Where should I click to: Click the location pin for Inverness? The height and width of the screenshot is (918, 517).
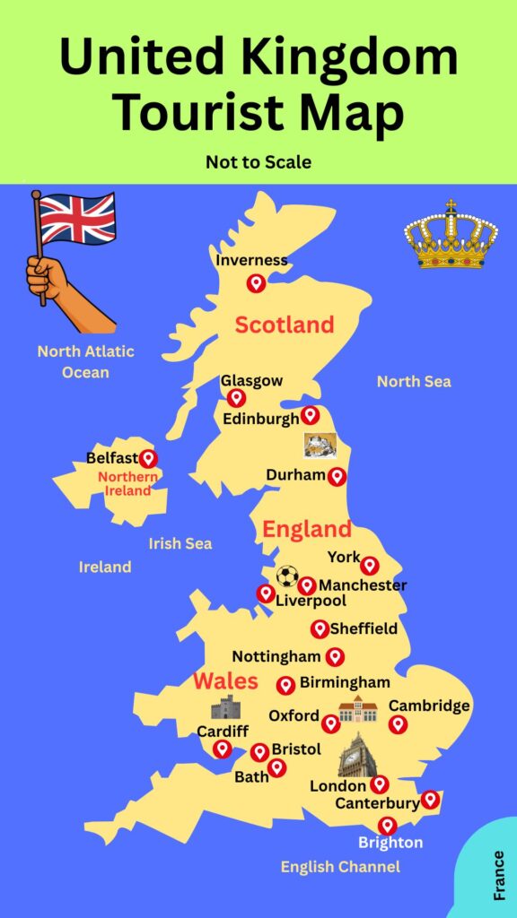[x=256, y=282]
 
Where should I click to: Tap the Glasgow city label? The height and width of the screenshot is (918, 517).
[x=251, y=381]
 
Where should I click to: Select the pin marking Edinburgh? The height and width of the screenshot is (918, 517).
[x=310, y=414]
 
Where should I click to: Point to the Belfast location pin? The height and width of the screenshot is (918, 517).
[x=148, y=458]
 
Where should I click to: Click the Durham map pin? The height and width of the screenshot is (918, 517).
[x=337, y=476]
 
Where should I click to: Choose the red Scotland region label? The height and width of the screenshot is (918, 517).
[x=285, y=325]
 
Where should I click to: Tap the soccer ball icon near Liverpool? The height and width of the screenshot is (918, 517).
[x=286, y=576]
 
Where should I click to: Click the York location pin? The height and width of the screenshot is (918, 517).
[x=369, y=565]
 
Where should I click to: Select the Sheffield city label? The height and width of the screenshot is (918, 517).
[x=364, y=628]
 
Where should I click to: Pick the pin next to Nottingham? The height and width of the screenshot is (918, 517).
[x=335, y=656]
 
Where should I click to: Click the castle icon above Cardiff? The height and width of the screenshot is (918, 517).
[x=225, y=707]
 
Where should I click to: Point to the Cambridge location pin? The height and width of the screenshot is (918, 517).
[x=398, y=723]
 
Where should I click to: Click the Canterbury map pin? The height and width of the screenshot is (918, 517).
[x=430, y=799]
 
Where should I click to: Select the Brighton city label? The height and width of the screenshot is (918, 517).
[x=390, y=843]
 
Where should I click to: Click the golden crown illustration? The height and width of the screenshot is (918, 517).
[x=451, y=234]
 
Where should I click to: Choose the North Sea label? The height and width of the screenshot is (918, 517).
[x=414, y=382]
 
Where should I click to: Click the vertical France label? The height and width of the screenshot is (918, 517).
[x=499, y=875]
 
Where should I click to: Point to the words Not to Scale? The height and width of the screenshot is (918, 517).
[x=258, y=161]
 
